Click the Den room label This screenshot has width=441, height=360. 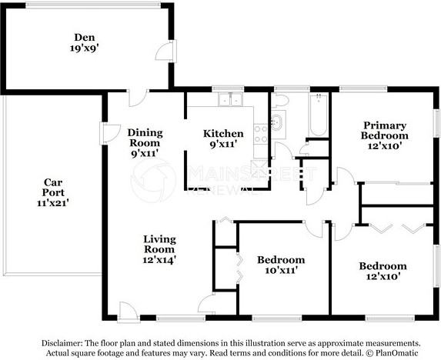pos(85,37)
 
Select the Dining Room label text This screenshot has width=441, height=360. pos(145,137)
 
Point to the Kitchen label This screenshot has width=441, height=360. pos(223,133)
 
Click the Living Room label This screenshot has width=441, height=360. pos(160,244)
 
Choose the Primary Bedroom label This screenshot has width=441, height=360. pos(385,130)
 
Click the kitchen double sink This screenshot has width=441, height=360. pos(229,100)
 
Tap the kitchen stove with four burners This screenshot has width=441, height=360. pos(261,133)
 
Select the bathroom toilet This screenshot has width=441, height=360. pos(280,102)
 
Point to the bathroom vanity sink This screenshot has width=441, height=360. pos(277,122)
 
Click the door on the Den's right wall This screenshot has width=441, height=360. pos(163,52)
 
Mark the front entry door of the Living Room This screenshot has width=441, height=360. pos(129,312)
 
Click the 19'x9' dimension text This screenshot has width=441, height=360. pos(84,48)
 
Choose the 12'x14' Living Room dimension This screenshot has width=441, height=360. pos(160,260)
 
